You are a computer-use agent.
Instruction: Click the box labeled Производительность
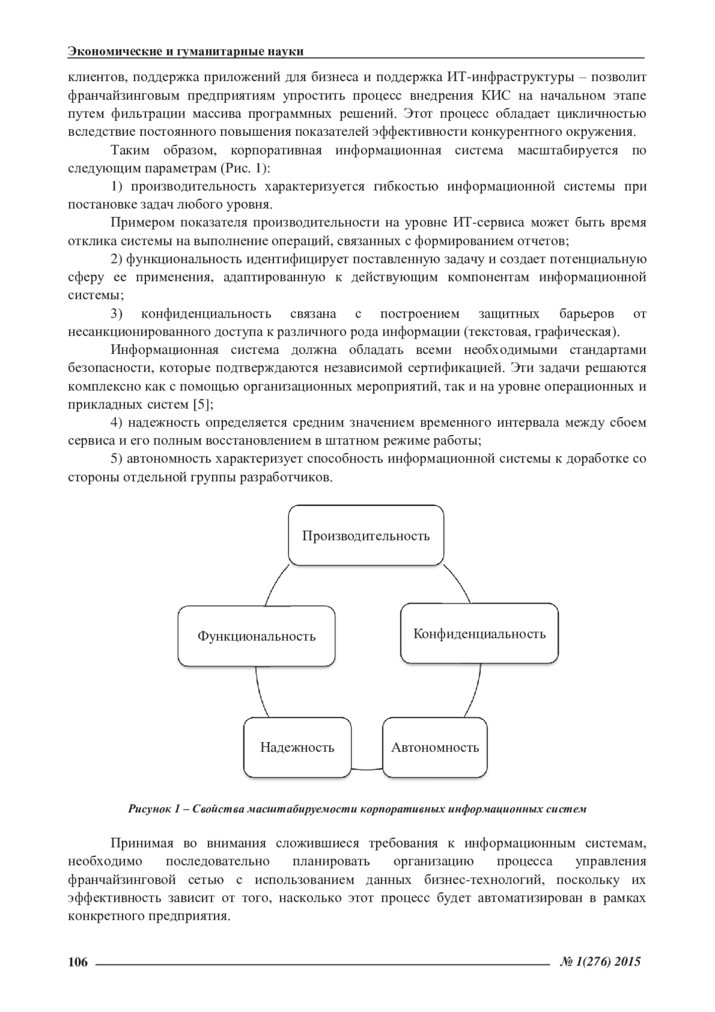click(366, 535)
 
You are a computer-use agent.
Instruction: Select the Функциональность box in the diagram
click(256, 636)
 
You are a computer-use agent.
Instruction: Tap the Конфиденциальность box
click(479, 634)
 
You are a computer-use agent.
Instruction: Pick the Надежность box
click(297, 747)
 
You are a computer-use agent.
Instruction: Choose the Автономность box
click(435, 747)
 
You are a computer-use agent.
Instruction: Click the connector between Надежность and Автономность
click(366, 768)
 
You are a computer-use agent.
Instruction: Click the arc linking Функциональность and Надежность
click(260, 691)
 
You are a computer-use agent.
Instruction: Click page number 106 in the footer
click(78, 961)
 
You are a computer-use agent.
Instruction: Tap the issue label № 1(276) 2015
click(600, 961)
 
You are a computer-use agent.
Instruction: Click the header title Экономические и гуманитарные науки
click(186, 51)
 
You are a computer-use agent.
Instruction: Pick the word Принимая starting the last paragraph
click(142, 843)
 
